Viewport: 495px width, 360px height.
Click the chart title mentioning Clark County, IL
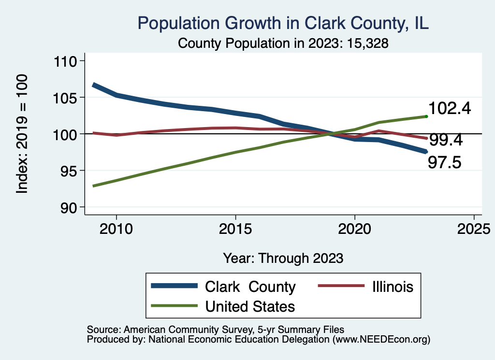(283, 23)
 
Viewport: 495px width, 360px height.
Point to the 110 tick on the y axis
(69, 61)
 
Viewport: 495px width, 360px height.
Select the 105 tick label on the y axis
(69, 98)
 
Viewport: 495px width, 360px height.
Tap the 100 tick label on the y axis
(69, 134)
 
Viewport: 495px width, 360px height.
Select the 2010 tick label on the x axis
(116, 228)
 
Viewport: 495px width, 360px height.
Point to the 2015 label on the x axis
(235, 228)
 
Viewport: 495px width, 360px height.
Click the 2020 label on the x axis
(355, 228)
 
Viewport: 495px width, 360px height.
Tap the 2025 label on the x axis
(474, 228)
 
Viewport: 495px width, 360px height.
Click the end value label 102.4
(450, 108)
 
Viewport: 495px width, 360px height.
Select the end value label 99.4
(446, 140)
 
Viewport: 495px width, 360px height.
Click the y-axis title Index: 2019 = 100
(22, 134)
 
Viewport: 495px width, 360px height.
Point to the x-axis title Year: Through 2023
(283, 258)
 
